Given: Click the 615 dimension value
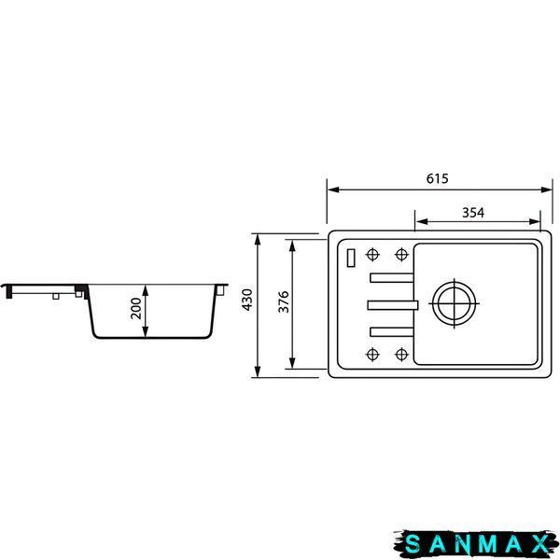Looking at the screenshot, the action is tap(437, 178).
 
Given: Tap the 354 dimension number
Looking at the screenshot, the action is tap(473, 213).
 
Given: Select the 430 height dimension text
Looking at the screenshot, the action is tap(247, 300).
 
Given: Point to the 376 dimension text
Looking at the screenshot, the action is tap(284, 301).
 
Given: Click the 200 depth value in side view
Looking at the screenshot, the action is tap(136, 308).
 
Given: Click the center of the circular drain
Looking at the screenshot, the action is tap(454, 303).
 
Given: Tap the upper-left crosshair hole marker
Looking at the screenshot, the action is tap(372, 255).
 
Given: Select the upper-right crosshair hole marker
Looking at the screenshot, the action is tap(401, 255).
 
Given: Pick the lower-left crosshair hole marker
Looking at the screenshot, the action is tap(372, 355).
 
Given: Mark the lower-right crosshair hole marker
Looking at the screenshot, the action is tap(401, 355).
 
